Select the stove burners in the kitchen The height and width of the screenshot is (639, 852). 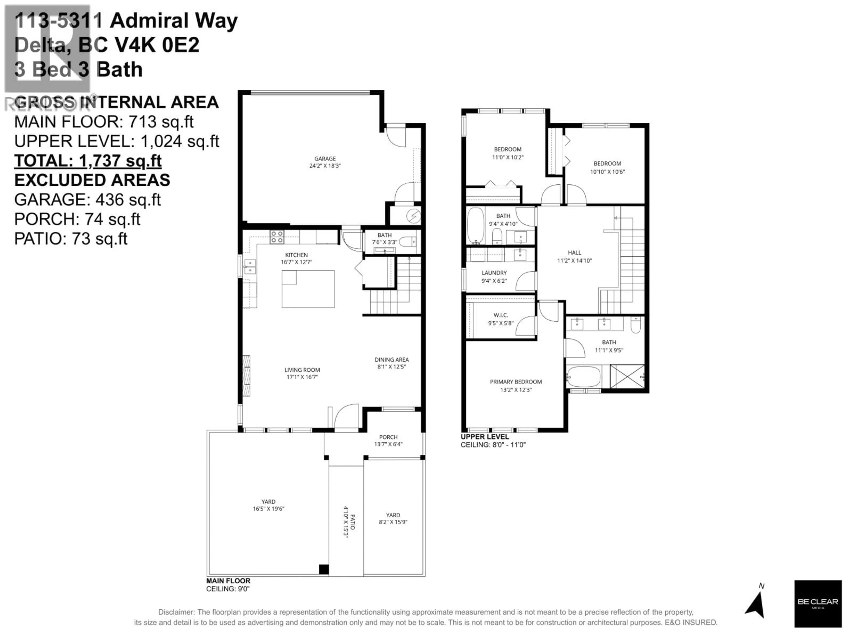click(276, 237)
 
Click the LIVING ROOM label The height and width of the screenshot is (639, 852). click(302, 370)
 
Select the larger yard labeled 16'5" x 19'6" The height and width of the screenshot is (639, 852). click(268, 505)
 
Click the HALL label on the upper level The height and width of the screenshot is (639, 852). click(574, 253)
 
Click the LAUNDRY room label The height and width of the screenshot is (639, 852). click(494, 273)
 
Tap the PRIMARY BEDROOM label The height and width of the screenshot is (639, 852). click(515, 382)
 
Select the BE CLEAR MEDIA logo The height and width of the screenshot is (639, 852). click(817, 603)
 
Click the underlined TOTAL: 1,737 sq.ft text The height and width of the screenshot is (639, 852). click(88, 161)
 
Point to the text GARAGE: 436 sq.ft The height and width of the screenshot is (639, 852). click(87, 199)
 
